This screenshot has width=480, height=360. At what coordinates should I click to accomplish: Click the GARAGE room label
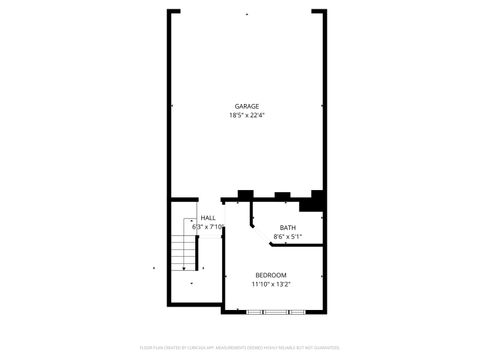tap(247, 106)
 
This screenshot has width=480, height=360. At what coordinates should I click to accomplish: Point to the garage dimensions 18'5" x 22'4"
tap(247, 115)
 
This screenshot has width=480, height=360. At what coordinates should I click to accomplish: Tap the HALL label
tap(208, 218)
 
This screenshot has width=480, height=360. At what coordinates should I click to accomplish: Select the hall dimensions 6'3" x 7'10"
tap(208, 227)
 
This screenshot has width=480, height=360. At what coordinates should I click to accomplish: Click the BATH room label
tap(288, 228)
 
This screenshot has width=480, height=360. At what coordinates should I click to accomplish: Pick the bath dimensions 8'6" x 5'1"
tap(288, 237)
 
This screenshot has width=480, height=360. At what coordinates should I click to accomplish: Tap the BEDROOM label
tap(271, 275)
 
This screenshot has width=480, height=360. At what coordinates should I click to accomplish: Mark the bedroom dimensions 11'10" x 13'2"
tap(271, 285)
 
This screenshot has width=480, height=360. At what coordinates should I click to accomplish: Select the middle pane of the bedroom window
tap(276, 311)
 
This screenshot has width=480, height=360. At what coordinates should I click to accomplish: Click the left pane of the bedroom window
tap(256, 311)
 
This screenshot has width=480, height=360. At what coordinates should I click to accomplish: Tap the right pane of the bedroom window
tap(298, 311)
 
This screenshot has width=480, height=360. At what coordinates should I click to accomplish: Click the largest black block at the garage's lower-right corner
tap(319, 200)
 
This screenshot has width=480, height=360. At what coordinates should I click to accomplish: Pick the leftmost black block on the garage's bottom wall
tap(243, 195)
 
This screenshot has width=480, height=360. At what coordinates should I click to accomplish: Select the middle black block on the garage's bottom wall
tap(282, 194)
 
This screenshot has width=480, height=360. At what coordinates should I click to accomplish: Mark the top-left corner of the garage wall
tap(168, 11)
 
